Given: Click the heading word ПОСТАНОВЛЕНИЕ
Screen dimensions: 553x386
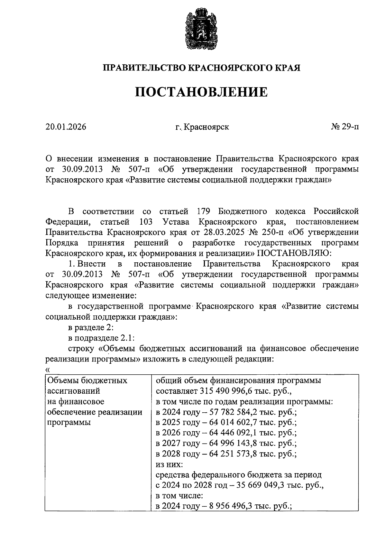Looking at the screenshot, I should point(201,92).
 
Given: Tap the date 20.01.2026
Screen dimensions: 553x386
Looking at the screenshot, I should point(66,127).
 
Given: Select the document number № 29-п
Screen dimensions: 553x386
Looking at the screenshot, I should point(345,127).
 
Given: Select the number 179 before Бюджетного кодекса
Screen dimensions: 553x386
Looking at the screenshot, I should point(203,211).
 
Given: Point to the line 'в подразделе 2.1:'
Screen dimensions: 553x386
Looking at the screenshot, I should point(101,338).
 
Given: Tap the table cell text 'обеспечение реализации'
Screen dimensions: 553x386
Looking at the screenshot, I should point(95,412).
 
